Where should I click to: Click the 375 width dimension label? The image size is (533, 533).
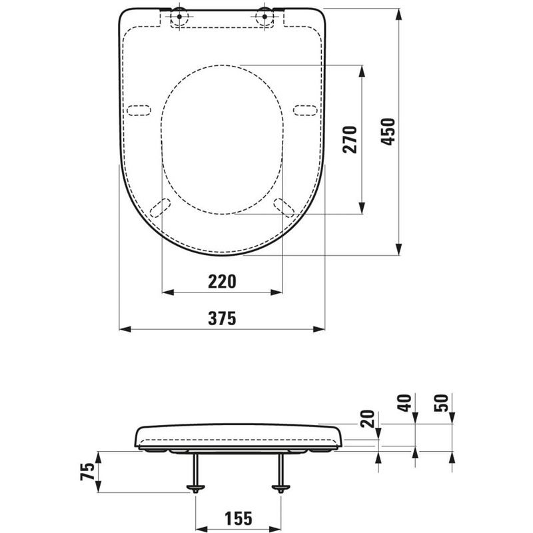pos(222,318)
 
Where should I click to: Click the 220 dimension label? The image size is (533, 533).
pos(222,282)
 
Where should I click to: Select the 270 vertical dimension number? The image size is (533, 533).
pos(351,139)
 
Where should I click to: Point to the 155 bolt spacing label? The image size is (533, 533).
pos(239,517)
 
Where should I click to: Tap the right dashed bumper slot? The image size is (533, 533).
pos(305,110)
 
